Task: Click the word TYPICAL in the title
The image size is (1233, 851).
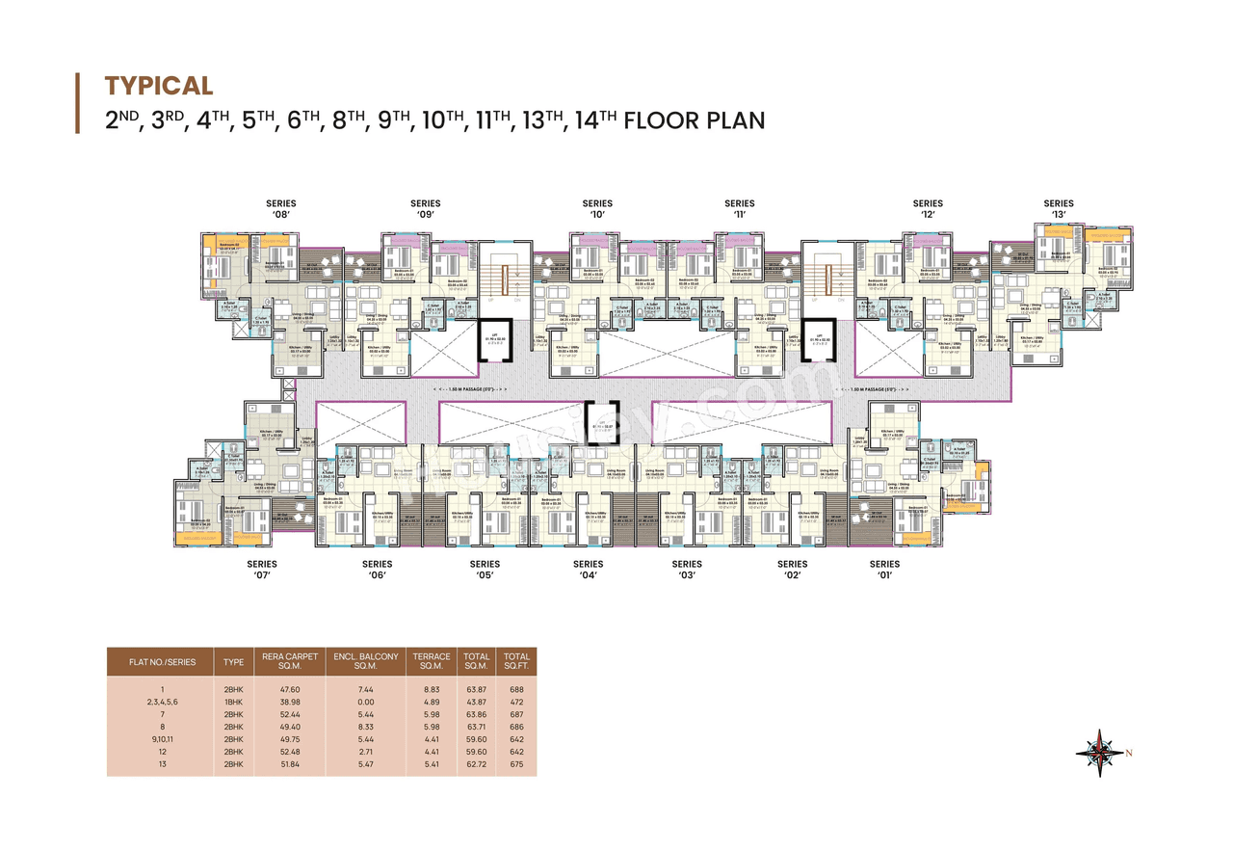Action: coord(159,86)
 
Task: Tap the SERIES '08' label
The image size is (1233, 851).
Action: coord(281,209)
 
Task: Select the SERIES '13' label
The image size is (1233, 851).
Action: coord(1059,209)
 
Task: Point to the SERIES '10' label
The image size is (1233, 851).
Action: coord(597,209)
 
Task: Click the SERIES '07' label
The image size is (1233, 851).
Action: coord(262,570)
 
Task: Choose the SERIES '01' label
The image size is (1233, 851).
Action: coord(884,570)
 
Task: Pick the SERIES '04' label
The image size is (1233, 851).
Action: coord(588,570)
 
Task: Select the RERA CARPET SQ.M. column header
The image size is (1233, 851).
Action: coord(290,661)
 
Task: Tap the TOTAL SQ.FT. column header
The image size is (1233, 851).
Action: coord(517,661)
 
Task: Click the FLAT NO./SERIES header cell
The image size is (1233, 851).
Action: coord(162,662)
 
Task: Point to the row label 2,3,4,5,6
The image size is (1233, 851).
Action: coord(163,702)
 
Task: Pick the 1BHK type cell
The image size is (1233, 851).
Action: coord(234,702)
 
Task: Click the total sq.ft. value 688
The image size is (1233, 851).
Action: coord(516,689)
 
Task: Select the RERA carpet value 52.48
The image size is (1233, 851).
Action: coord(289,751)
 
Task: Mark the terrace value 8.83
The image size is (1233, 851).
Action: coord(432,689)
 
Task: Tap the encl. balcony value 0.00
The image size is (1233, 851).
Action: coord(366,702)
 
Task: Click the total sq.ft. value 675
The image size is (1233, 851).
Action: coord(516,763)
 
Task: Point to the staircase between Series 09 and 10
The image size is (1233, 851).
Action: coord(501,279)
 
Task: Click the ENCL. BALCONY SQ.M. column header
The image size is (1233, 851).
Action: coord(366,661)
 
